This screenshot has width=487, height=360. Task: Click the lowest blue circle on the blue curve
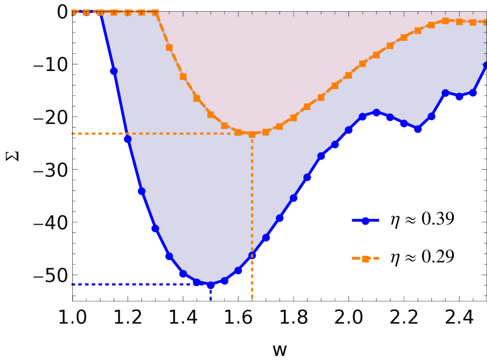[211, 285]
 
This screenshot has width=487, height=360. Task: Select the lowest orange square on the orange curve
[252, 134]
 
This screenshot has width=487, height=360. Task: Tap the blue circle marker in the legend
[365, 220]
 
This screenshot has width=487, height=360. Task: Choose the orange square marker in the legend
[365, 258]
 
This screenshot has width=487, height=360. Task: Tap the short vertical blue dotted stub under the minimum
[211, 295]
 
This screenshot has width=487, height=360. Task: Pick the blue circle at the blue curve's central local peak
[376, 112]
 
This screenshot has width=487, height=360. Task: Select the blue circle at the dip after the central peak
[418, 129]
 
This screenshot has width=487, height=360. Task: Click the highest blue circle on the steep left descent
[114, 71]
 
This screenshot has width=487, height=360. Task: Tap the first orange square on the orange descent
[169, 47]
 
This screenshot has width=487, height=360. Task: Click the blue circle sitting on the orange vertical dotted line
[252, 256]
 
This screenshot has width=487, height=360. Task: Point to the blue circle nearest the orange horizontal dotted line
[128, 140]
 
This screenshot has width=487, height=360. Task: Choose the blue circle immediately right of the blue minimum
[224, 281]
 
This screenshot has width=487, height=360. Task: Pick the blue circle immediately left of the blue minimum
[197, 282]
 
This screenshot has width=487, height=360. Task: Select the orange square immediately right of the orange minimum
[266, 132]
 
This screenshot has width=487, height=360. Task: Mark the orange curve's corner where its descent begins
[156, 12]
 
